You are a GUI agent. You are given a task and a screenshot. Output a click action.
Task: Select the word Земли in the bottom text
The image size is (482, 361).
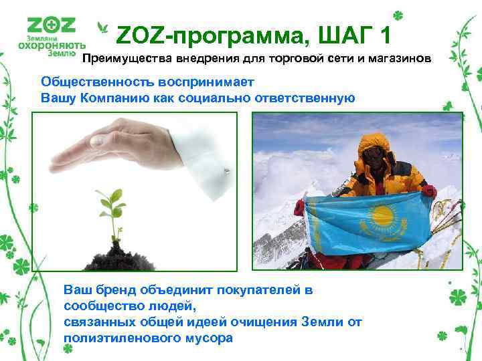[x=307, y=322]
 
